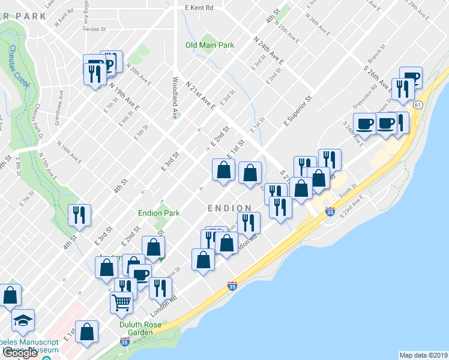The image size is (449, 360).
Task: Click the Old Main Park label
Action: [x=209, y=45]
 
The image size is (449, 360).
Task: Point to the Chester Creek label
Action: [x=19, y=67]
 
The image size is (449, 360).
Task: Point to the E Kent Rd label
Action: [x=199, y=8]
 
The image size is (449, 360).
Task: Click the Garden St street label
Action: [x=94, y=29]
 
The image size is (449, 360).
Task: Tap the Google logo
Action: [x=20, y=353]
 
